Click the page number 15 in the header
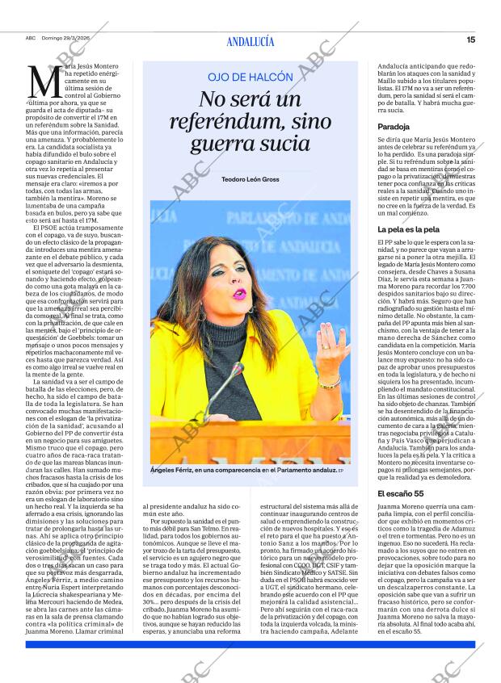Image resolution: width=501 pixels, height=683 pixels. click(470, 39)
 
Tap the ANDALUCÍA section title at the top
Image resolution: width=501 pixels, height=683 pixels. click(250, 41)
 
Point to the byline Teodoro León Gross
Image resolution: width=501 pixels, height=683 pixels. click(250, 178)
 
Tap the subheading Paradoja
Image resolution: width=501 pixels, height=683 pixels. click(394, 127)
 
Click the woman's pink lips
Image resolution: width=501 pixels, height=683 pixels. click(239, 294)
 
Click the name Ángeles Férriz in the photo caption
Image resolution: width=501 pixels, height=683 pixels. click(175, 470)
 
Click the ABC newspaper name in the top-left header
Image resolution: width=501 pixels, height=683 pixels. click(30, 39)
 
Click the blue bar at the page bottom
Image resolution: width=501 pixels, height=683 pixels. click(250, 643)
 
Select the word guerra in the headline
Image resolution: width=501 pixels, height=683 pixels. click(222, 145)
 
